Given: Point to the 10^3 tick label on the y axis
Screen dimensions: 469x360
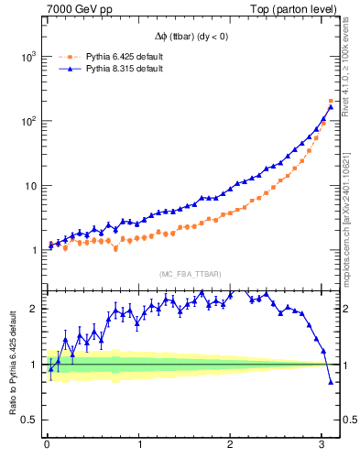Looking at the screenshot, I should click(27, 57).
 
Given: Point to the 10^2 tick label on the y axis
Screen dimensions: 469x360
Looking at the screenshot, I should click(27, 121).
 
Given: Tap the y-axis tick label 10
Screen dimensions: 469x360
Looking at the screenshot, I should click(29, 186).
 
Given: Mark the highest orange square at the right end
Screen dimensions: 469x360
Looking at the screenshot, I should click(331, 101).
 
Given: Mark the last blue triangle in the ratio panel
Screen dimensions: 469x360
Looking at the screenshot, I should click(331, 383).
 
